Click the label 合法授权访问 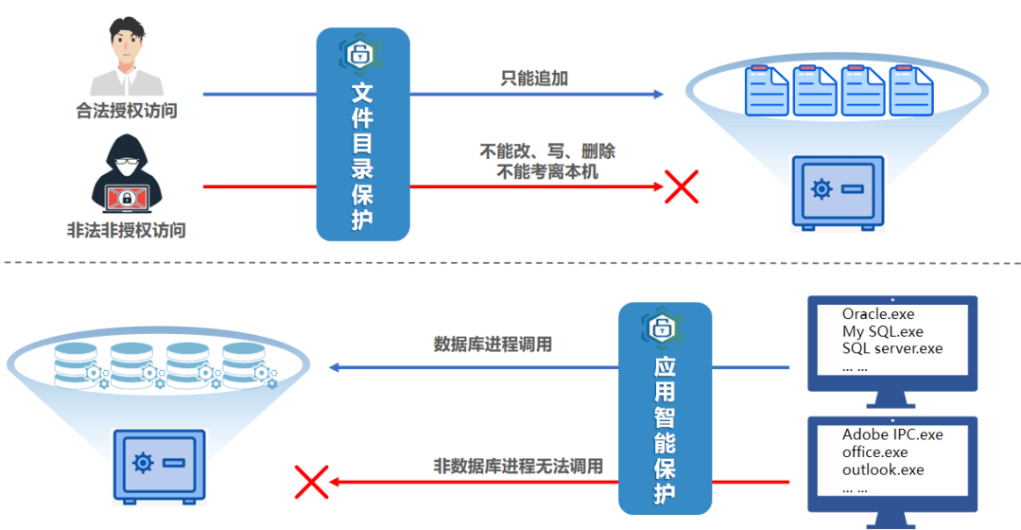127,111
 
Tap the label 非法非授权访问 127,230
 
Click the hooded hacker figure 127,174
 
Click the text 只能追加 534,79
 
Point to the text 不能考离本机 547,171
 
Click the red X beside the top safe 681,186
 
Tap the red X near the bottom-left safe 311,481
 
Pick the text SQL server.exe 892,348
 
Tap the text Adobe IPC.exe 892,435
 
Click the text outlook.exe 883,469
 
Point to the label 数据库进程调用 493,344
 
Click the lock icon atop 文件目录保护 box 361,53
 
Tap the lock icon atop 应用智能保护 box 664,327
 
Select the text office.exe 874,452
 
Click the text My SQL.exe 882,331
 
